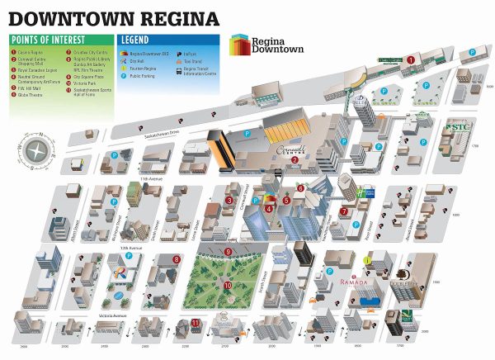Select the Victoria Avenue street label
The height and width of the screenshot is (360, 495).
coord(113,315)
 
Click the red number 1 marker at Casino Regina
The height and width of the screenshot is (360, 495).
coord(410,59)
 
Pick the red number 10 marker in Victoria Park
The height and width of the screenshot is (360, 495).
coord(226,285)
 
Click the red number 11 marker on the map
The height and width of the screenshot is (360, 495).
coord(196,322)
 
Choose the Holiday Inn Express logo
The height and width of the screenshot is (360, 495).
coord(366,193)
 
